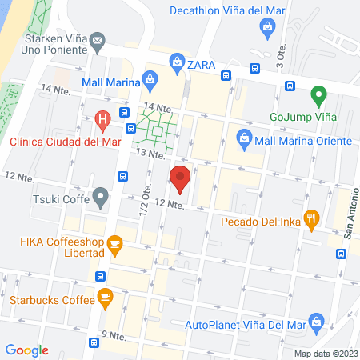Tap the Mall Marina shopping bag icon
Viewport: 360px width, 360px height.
[150, 78]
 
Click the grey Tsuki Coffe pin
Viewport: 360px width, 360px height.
[100, 195]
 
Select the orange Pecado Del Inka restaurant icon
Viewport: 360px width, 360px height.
[313, 216]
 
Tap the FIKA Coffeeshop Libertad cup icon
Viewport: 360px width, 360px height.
[115, 245]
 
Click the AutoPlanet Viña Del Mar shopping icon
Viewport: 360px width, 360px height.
[317, 324]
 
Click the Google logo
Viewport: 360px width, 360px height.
[27, 350]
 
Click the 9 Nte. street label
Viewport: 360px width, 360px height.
[114, 334]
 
